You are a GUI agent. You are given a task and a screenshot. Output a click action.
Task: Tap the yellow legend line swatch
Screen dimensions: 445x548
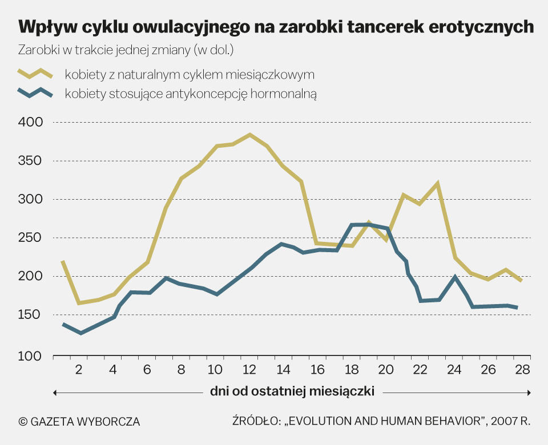pos(35,74)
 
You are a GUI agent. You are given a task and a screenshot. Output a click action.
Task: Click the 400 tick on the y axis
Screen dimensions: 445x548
pos(31,122)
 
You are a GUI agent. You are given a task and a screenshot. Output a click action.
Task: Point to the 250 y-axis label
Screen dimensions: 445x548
pos(31,238)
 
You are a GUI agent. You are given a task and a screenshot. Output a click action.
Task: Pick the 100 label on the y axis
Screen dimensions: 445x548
pos(31,357)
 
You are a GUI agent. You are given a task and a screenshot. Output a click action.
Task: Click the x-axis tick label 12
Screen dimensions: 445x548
pos(249,370)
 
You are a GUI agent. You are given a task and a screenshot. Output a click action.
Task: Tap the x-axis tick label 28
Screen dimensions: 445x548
pos(521,370)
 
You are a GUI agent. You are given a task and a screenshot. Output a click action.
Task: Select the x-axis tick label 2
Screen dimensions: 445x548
pos(79,370)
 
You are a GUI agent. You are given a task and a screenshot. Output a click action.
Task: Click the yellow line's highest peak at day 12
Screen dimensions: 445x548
pos(249,135)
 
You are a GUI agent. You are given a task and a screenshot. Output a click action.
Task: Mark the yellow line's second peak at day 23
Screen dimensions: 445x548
pos(437,184)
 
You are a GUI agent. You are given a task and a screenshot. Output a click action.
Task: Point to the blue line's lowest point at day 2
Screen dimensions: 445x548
pos(80,333)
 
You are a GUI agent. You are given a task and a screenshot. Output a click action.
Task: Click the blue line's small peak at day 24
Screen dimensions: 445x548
pos(454,277)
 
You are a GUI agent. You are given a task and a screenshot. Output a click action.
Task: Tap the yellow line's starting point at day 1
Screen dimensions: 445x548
pos(62,261)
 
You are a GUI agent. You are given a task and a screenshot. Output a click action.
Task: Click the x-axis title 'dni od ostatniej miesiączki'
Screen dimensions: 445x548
pos(292,392)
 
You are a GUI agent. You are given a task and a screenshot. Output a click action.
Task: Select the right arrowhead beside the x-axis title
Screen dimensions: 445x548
pos(529,393)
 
